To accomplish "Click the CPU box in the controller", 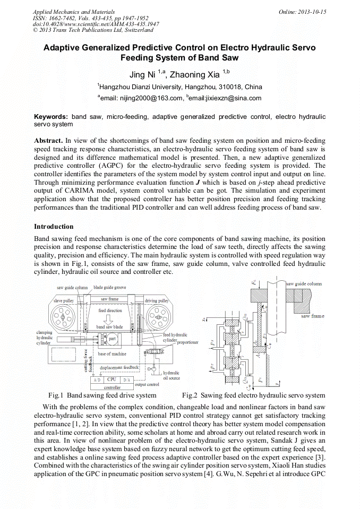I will click(112, 379).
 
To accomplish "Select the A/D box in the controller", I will click(97, 380).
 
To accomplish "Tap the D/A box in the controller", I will click(126, 380).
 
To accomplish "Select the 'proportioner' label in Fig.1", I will click(187, 342).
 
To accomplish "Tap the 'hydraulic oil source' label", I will click(171, 376).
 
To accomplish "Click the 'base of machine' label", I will click(112, 354).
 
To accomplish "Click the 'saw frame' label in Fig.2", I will click(312, 316).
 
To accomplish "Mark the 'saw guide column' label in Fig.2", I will click(304, 284).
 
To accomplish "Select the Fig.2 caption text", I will click(253, 395).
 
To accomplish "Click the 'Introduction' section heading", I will click(54, 227).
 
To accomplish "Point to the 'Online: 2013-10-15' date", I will click(302, 12).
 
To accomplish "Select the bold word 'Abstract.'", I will click(49, 140).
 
